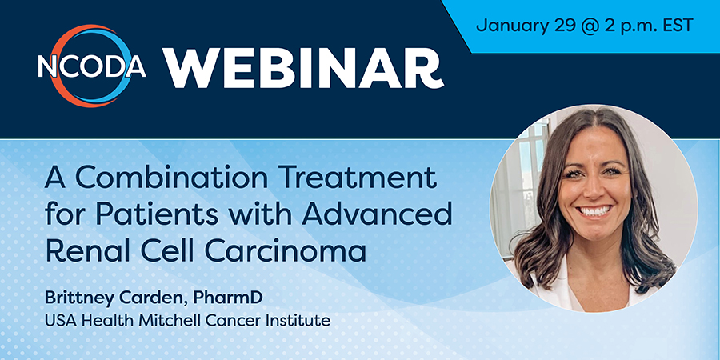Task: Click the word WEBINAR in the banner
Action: coord(303,68)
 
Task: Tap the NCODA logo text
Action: coord(92,66)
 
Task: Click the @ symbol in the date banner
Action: coord(586,26)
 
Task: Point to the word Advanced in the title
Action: coord(377,214)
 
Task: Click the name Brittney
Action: coord(79,298)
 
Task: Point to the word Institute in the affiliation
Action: coord(303,321)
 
